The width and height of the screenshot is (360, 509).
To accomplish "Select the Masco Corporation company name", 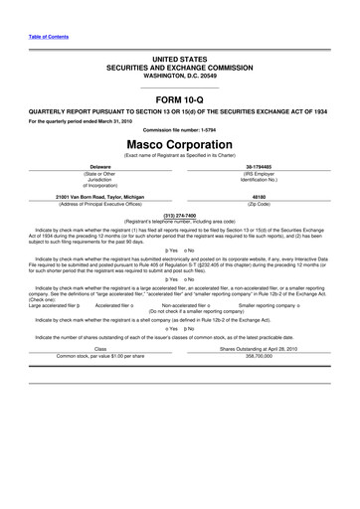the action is [180, 144].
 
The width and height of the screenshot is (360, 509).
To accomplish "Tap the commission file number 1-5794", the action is [180, 130].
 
